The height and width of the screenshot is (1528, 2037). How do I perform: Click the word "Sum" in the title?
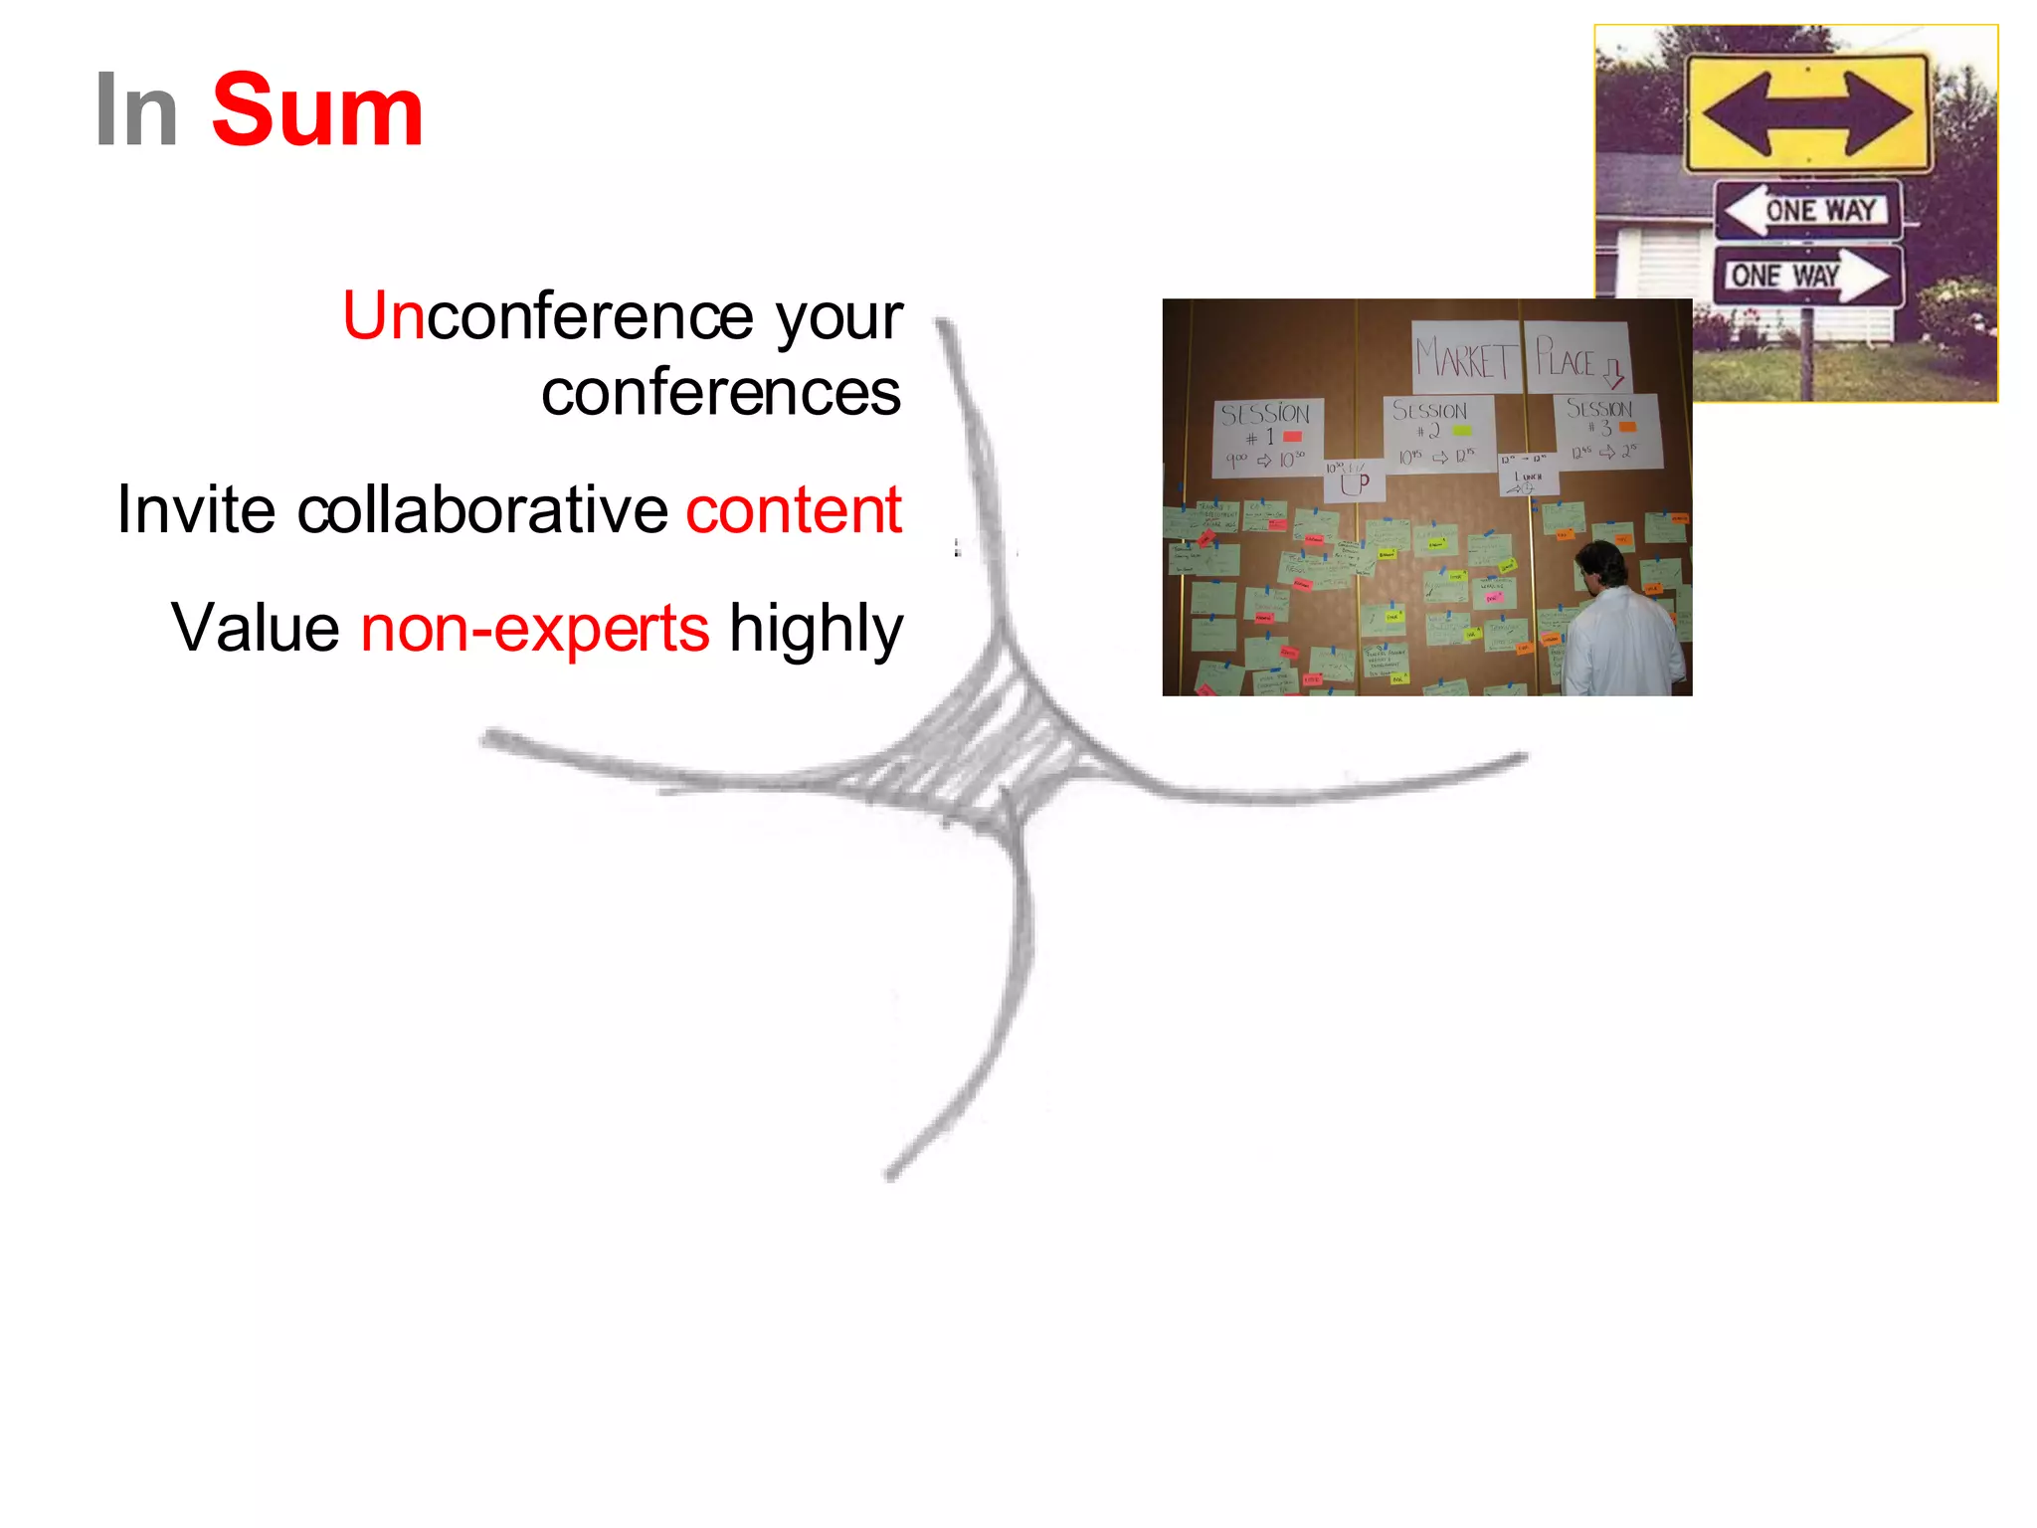tap(317, 110)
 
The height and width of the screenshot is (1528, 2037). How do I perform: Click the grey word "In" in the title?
tap(136, 110)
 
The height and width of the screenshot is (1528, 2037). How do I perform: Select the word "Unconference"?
tap(548, 316)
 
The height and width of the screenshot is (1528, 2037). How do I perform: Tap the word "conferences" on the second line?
tap(721, 392)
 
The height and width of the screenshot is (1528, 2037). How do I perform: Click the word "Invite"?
tap(196, 509)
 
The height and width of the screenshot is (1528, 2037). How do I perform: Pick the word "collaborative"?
tap(482, 509)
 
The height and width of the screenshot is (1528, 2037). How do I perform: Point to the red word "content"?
tap(794, 509)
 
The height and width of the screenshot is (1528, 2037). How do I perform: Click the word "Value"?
tap(256, 628)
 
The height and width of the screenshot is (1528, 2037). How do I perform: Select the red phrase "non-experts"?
tap(535, 629)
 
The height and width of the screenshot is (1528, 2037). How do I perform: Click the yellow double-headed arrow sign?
tap(1806, 112)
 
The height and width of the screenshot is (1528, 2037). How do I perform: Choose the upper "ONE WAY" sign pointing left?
tap(1807, 210)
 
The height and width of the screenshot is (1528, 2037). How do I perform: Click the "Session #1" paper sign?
tap(1267, 437)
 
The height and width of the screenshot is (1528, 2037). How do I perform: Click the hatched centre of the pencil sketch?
tap(985, 756)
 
